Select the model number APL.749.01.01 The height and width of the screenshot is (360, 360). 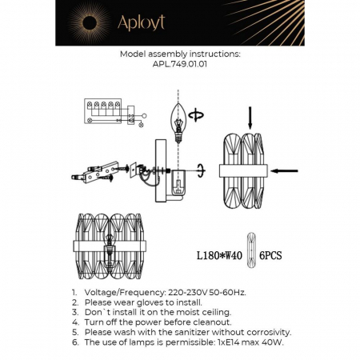[x=179, y=68]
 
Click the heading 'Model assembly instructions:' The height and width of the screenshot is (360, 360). [x=179, y=57]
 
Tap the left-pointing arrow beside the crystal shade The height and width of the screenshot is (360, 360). [x=284, y=170]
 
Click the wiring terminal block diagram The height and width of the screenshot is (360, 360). [x=104, y=111]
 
